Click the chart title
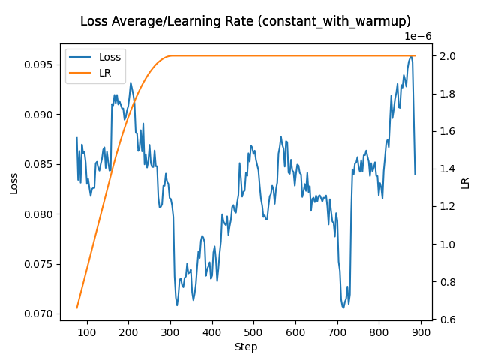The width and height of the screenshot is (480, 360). [245, 22]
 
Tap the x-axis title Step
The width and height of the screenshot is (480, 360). [245, 346]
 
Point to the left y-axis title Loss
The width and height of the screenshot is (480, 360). [14, 182]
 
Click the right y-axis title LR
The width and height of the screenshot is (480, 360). [466, 182]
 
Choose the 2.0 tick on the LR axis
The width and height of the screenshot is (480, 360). [448, 56]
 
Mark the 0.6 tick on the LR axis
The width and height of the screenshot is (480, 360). [448, 319]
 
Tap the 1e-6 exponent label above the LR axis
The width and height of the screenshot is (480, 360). [418, 36]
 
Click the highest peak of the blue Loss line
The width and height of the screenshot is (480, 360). [411, 56]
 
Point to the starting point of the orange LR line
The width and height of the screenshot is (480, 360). [76, 307]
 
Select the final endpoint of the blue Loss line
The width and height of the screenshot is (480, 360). [415, 174]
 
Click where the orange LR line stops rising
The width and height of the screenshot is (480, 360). [171, 55]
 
